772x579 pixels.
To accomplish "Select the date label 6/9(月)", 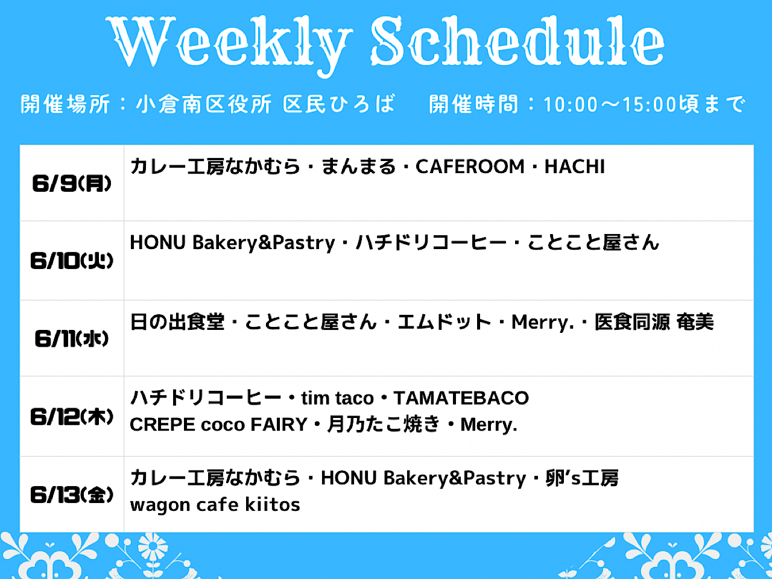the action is [72, 183].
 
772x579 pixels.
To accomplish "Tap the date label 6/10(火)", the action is [72, 261].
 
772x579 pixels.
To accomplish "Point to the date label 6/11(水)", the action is [72, 338].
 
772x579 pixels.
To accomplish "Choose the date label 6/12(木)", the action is [72, 417].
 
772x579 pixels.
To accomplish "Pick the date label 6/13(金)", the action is [72, 495].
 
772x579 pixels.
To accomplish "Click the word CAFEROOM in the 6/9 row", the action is [470, 166].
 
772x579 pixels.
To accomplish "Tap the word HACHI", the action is [575, 166].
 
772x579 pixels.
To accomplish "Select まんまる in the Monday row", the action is [358, 166].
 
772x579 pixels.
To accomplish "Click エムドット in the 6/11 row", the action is [444, 322].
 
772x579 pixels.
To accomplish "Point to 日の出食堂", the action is [177, 322].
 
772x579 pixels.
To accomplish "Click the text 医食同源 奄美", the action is [654, 322].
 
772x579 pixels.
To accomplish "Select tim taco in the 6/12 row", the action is [337, 398].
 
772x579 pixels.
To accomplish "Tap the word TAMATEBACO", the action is [461, 398].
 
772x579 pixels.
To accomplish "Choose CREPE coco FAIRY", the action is [219, 425].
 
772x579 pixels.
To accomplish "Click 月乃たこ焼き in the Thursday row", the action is [384, 424].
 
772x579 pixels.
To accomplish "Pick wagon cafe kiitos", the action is [215, 505].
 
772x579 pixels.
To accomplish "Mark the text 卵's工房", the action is [582, 478].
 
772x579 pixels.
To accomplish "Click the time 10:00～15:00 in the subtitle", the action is [610, 104].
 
